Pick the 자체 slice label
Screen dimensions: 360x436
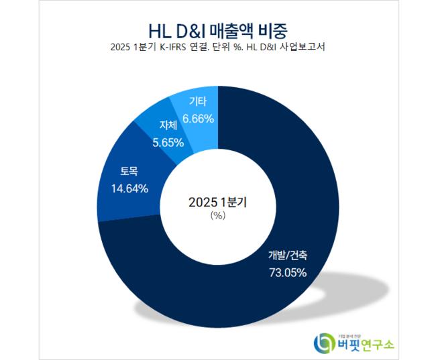tap(169, 125)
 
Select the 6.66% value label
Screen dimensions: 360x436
tap(198, 119)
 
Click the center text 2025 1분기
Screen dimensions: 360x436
tap(218, 202)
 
